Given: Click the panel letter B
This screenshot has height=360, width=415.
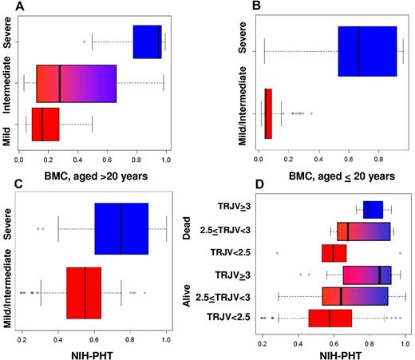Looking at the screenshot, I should [x=255, y=7].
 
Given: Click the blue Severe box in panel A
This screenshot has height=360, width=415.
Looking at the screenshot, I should [x=148, y=42].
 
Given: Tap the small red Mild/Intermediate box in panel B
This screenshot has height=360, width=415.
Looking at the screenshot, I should [x=268, y=113].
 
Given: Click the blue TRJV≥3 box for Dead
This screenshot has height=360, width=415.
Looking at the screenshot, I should [x=373, y=210].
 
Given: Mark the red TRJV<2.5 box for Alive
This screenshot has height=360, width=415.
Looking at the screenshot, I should [x=330, y=318].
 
